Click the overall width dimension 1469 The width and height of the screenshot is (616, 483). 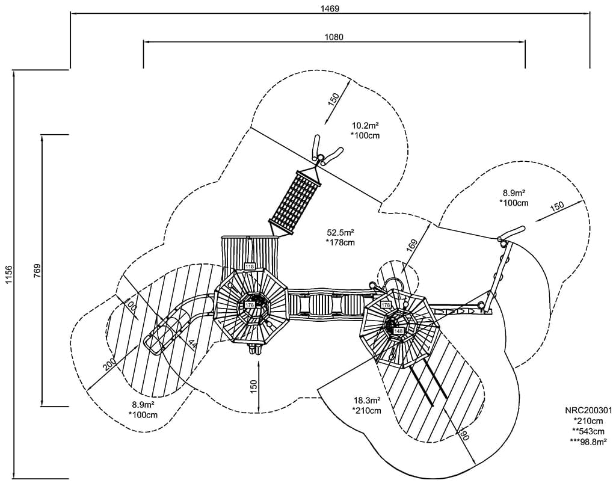330,8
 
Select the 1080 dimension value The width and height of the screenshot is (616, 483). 334,37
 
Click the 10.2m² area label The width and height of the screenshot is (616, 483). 365,126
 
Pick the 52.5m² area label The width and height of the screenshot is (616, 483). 340,233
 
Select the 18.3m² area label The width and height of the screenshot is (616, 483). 366,401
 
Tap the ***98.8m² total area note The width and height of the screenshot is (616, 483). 588,442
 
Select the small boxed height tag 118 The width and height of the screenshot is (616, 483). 250,266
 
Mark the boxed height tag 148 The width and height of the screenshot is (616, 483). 398,331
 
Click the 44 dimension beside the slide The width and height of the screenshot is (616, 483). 192,345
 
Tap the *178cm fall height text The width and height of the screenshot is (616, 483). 340,243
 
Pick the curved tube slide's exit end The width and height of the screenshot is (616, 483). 155,343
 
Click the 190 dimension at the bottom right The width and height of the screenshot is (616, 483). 464,435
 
